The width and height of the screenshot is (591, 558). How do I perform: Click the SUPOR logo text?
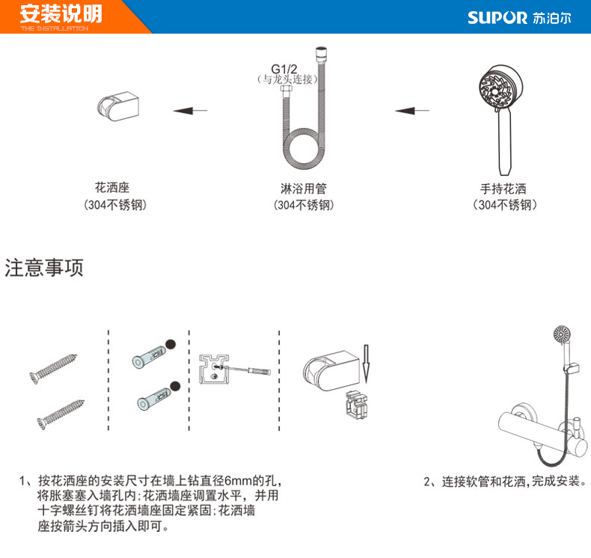pyautogui.click(x=497, y=17)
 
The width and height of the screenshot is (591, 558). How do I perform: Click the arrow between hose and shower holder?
pyautogui.click(x=190, y=111)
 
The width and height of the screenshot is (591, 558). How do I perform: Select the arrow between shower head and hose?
pyautogui.click(x=412, y=111)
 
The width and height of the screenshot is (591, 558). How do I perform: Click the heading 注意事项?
pyautogui.click(x=44, y=269)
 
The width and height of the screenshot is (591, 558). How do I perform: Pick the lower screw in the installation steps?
pyautogui.click(x=55, y=410)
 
